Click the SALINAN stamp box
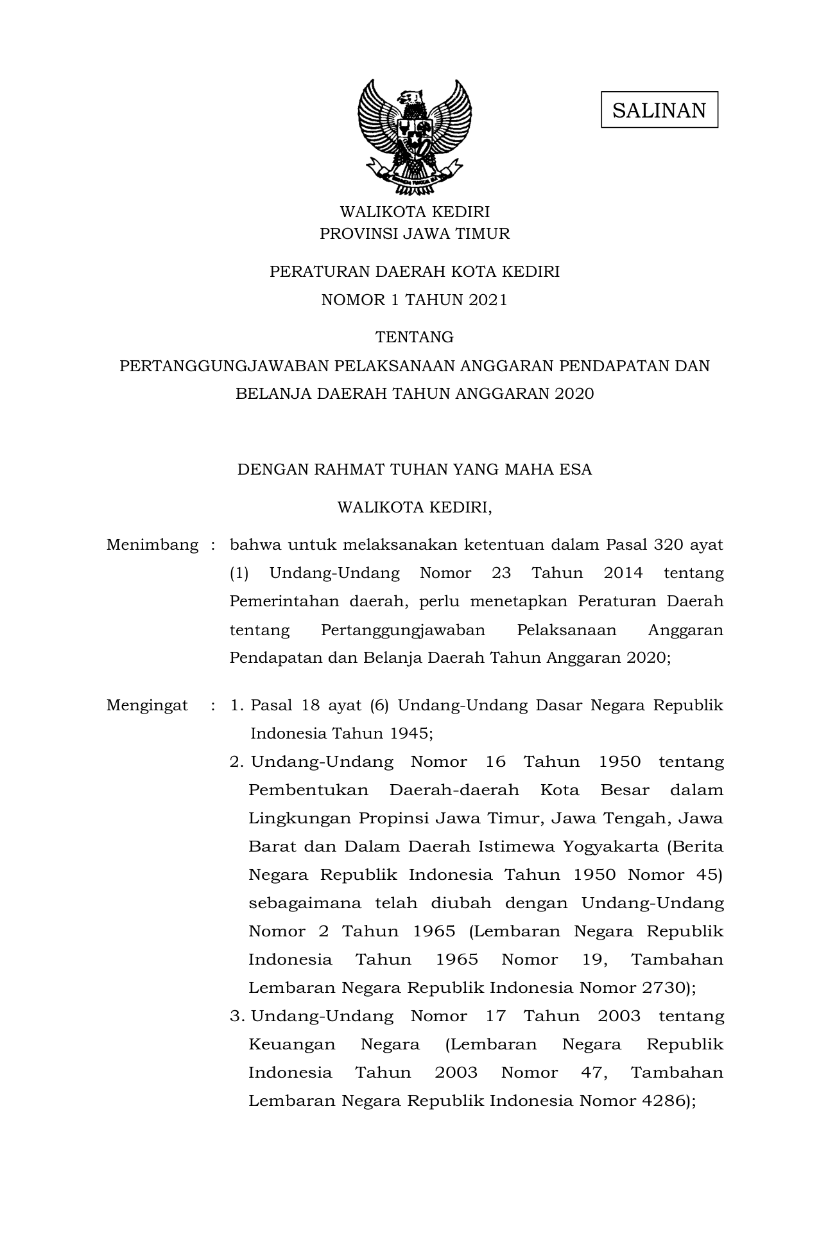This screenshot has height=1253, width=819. point(659,110)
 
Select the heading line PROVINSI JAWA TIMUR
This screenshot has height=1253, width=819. point(415,234)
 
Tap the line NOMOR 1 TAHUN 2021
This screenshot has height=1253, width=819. point(414,300)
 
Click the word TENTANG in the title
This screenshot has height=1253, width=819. point(414,337)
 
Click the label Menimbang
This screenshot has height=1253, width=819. point(152,545)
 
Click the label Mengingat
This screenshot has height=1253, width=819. point(147,705)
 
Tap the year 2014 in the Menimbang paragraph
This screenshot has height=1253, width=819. point(623,573)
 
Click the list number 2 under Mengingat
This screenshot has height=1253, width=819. point(236,762)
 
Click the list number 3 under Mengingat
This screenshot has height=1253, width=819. point(236,1016)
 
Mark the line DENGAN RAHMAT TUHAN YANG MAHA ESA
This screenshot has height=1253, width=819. point(414,469)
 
